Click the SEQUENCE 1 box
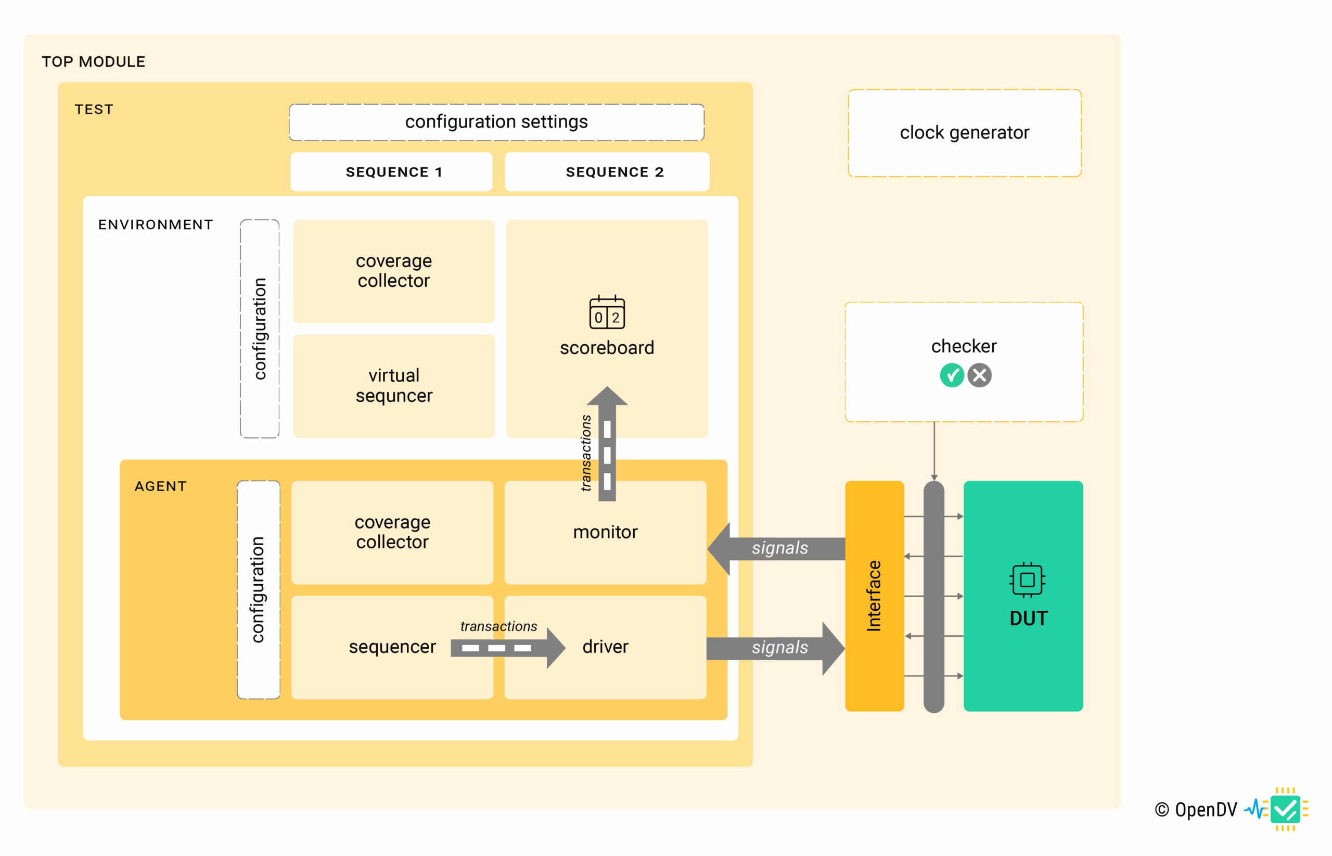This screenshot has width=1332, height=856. (391, 172)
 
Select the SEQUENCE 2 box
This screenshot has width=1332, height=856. (607, 172)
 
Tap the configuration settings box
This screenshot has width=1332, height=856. (496, 122)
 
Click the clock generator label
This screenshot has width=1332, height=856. (964, 133)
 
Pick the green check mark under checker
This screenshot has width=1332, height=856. (952, 376)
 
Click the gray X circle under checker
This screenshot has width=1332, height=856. (979, 376)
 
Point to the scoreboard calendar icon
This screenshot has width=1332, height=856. (607, 312)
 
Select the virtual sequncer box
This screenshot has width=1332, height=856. (394, 386)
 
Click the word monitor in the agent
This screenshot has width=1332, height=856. (605, 532)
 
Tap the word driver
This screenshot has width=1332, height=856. (605, 647)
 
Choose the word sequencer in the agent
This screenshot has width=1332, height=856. (392, 647)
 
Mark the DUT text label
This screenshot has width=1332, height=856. (1028, 619)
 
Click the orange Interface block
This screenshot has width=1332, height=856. (874, 596)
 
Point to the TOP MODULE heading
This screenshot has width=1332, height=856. (93, 61)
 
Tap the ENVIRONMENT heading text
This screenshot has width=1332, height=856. (156, 224)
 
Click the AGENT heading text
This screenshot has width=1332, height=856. (161, 486)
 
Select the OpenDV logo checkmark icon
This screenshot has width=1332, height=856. (1285, 809)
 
